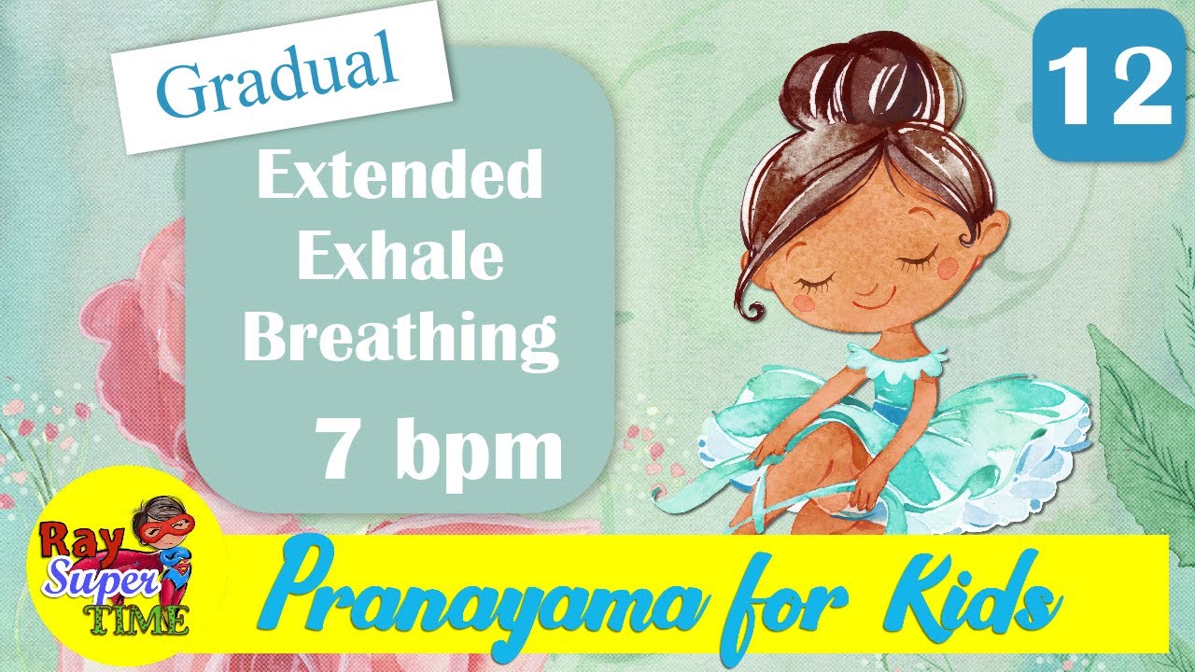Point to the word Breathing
(x=401, y=338)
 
